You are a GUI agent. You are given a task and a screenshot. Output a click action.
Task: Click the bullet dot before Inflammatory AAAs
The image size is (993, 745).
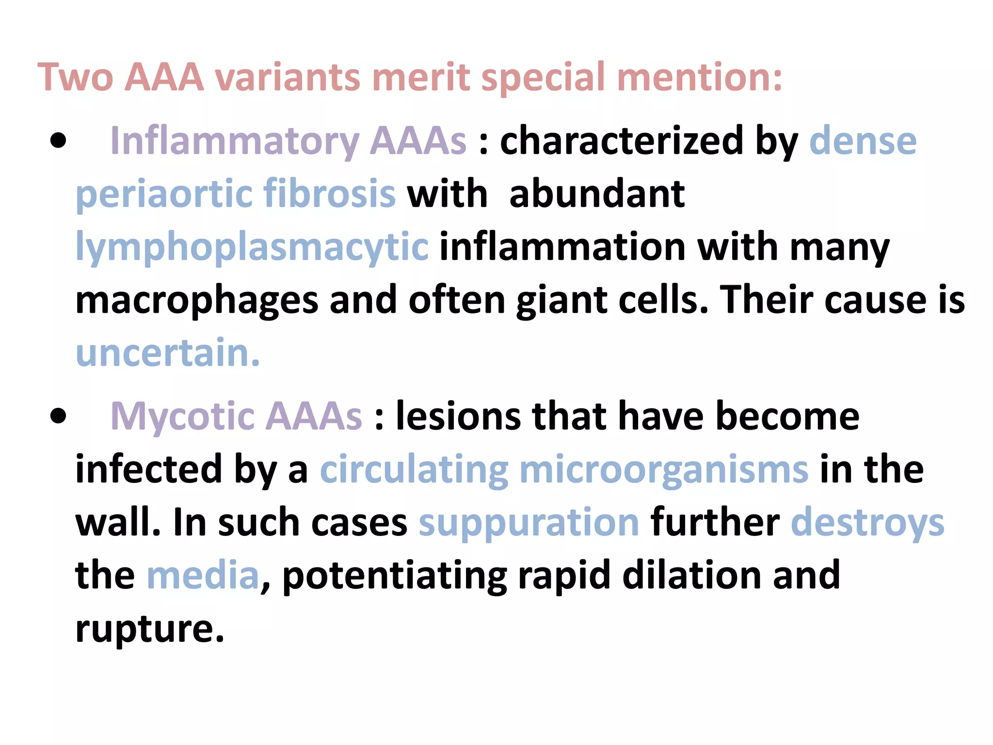58,141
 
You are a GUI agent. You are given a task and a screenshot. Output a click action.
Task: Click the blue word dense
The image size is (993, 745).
863,141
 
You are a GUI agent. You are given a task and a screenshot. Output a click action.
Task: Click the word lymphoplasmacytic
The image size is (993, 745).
252,247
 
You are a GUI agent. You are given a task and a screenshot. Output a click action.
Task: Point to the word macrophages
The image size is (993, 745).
197,301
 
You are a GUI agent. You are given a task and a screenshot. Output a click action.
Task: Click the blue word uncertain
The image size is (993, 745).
168,353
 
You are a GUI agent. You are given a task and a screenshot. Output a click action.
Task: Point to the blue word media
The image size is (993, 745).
203,575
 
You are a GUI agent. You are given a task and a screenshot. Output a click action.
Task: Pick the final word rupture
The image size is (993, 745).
149,629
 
